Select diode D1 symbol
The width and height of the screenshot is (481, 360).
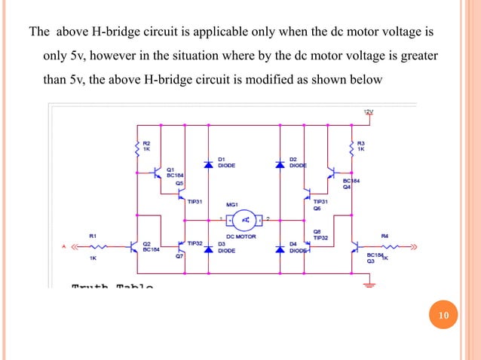coord(209,163)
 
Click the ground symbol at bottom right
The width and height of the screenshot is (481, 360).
coord(368,284)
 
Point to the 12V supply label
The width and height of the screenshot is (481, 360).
coord(368,112)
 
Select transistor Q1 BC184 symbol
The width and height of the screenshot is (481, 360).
coord(159,174)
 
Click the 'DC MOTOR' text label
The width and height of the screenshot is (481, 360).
coord(241,236)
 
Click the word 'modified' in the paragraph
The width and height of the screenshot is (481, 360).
coord(294,78)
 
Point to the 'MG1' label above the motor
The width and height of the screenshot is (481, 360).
coord(232,204)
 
